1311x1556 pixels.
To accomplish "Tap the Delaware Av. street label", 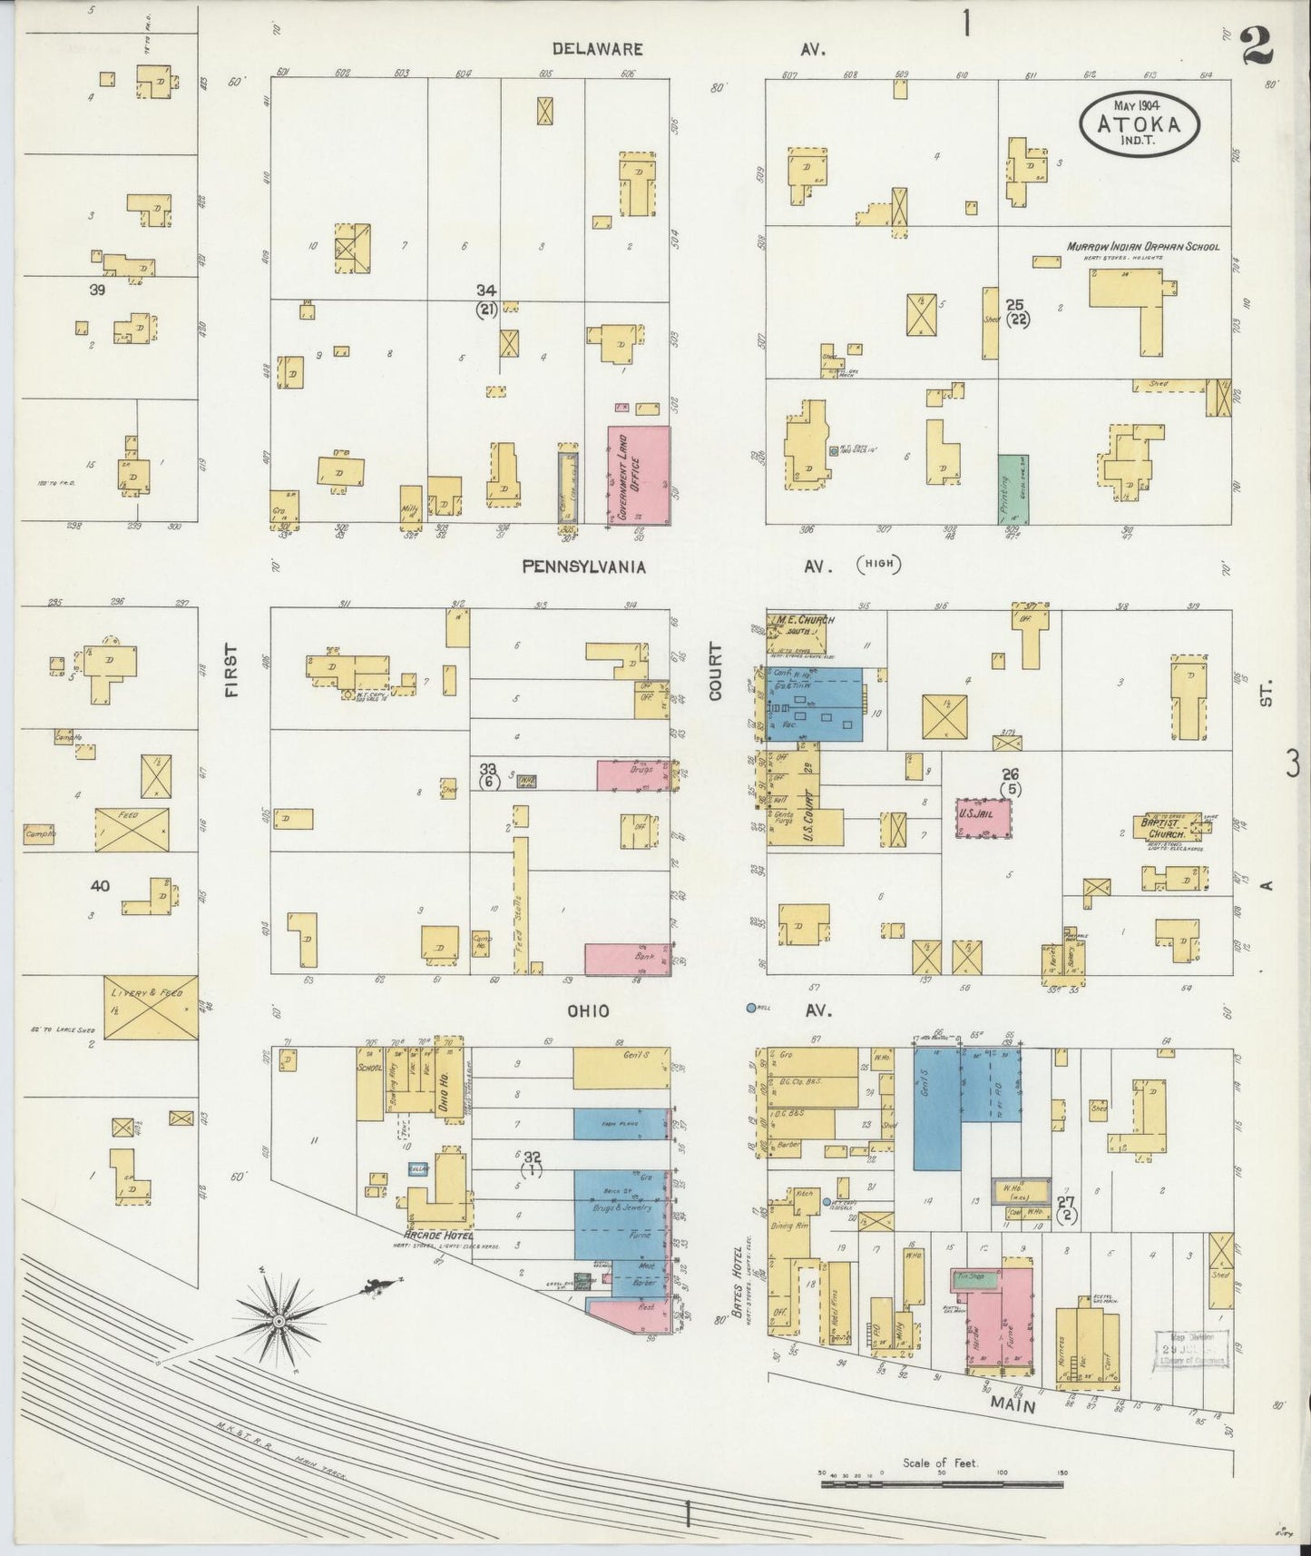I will click(597, 49).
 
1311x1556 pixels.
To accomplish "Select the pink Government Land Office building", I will click(639, 475).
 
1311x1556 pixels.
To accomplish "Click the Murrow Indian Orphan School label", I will click(1142, 246).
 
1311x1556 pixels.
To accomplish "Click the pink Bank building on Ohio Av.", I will click(627, 957).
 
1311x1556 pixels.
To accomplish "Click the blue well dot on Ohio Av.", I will click(750, 1008).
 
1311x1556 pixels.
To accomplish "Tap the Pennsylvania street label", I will click(584, 566).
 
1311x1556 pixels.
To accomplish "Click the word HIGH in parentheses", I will click(877, 565).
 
